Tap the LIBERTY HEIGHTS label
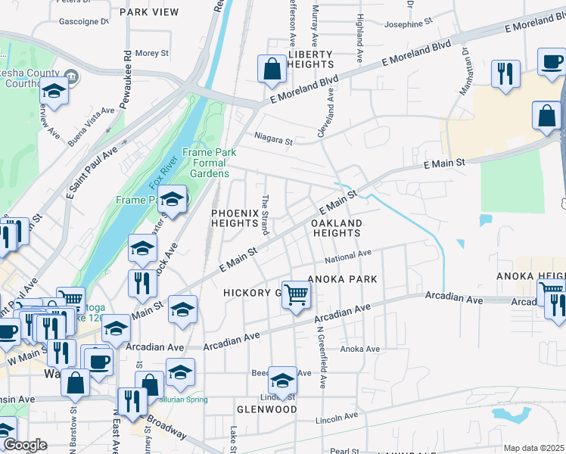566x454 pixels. [x=310, y=60]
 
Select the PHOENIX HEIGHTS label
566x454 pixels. [x=235, y=219]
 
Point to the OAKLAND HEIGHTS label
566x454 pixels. [x=337, y=229]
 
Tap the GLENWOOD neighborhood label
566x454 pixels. [x=266, y=409]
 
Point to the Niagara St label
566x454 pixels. [x=272, y=140]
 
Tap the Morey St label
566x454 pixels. [x=151, y=53]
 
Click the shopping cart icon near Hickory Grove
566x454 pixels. [x=296, y=294]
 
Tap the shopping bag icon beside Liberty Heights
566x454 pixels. [x=272, y=69]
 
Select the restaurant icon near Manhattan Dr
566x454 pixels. [x=505, y=74]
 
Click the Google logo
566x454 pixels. [x=24, y=446]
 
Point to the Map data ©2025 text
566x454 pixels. [x=533, y=448]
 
